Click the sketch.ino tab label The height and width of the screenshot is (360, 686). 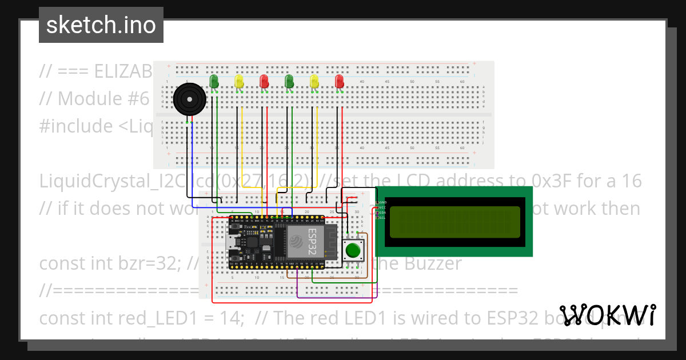[x=101, y=25]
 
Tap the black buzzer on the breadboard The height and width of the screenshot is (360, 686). [x=189, y=99]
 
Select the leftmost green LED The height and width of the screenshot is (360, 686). [x=214, y=81]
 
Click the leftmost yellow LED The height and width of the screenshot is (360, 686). [x=240, y=81]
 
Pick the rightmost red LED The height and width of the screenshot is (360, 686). [x=340, y=81]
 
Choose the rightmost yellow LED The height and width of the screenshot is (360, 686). [x=314, y=81]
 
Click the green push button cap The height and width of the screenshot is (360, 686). [x=353, y=250]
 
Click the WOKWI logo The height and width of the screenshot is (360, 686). [x=607, y=315]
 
